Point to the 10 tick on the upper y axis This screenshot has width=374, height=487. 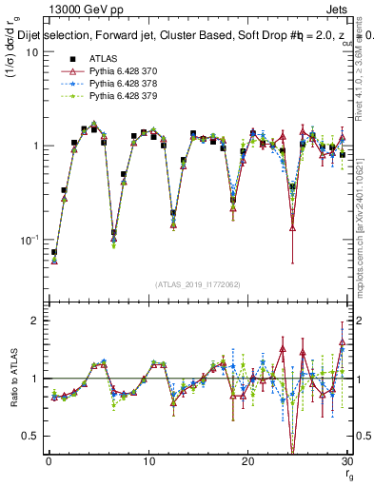(30, 52)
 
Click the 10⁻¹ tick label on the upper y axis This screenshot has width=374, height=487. (28, 239)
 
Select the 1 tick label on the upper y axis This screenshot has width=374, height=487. (34, 146)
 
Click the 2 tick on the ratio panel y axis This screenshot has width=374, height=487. (34, 321)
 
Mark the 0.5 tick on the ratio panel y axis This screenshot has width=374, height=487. (30, 436)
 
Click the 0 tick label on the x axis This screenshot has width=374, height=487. (49, 462)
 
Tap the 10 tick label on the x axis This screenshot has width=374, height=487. (148, 462)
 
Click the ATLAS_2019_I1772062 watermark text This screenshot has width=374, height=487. (197, 284)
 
